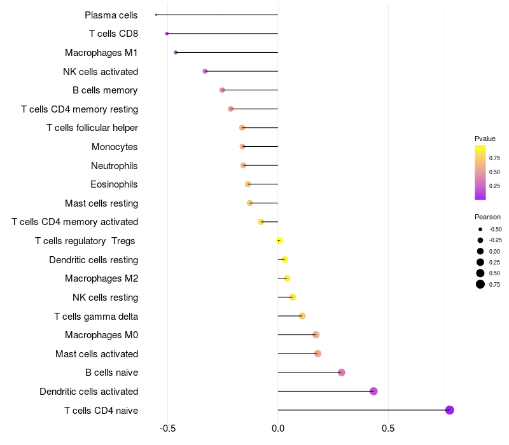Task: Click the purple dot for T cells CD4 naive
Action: coord(449,410)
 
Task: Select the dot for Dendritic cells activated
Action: coord(373,391)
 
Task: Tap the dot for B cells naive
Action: coord(342,373)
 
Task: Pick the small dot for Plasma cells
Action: coord(156,15)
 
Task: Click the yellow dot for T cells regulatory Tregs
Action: coord(279,240)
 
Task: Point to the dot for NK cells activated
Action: coord(205,71)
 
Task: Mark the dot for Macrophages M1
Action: coord(176,52)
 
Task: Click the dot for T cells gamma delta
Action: coord(302,316)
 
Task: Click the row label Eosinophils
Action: coord(114,184)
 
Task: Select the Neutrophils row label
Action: coord(114,166)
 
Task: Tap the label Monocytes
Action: coord(115,147)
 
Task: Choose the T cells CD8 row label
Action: coord(113,34)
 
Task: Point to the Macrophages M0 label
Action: coord(101,335)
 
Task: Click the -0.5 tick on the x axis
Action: coord(167,428)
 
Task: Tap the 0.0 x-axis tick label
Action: coord(278,428)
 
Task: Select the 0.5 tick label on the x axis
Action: coord(388,428)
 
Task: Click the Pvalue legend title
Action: coord(485,139)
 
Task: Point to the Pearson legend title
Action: coord(487,217)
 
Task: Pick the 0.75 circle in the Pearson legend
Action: coord(480,284)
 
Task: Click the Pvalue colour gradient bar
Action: coord(480,172)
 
